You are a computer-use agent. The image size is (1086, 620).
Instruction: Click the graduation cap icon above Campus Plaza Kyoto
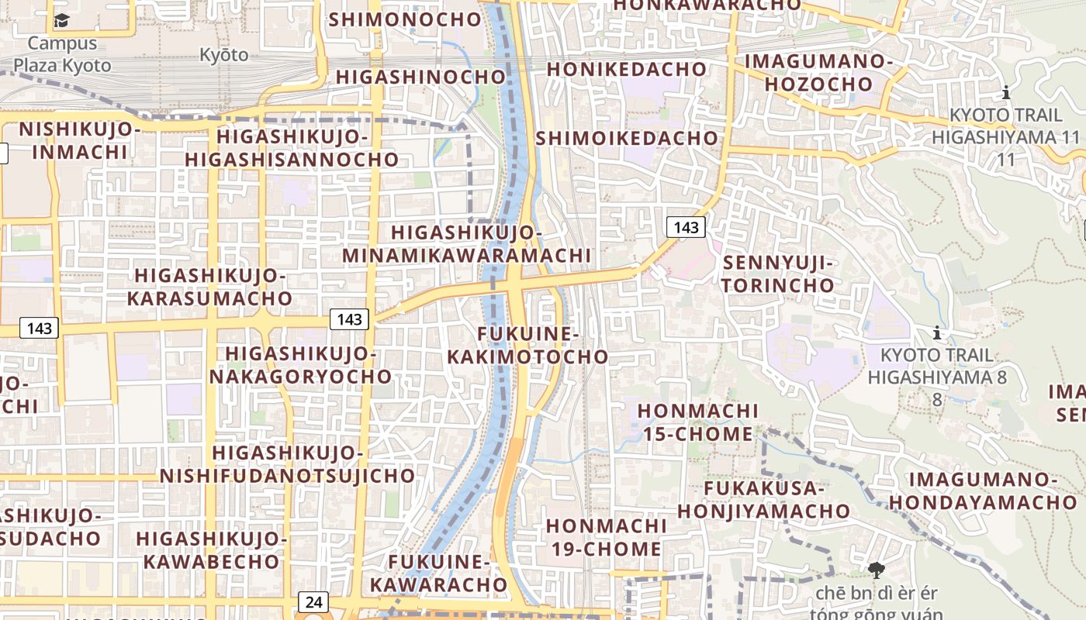(x=61, y=21)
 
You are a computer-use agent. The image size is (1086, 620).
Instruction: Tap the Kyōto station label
(x=224, y=55)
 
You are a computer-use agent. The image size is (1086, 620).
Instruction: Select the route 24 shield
(x=313, y=601)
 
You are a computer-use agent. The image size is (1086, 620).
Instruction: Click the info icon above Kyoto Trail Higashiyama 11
(x=1006, y=93)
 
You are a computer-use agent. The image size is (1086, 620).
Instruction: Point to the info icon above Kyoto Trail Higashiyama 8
(x=937, y=333)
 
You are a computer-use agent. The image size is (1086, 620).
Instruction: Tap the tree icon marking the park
(x=877, y=571)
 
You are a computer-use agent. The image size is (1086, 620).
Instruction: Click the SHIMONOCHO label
(x=405, y=19)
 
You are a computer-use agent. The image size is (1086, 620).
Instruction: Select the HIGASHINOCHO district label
(x=421, y=77)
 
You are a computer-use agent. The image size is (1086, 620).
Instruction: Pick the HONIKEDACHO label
(x=627, y=69)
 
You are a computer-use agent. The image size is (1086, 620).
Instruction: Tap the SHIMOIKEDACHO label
(x=627, y=138)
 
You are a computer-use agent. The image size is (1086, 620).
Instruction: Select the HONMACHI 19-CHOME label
(x=605, y=537)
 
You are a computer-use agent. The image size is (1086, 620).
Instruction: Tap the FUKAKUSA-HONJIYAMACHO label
(x=763, y=500)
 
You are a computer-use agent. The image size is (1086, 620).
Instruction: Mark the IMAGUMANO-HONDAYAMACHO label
(x=983, y=491)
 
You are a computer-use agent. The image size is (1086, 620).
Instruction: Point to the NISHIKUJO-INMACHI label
(x=79, y=140)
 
